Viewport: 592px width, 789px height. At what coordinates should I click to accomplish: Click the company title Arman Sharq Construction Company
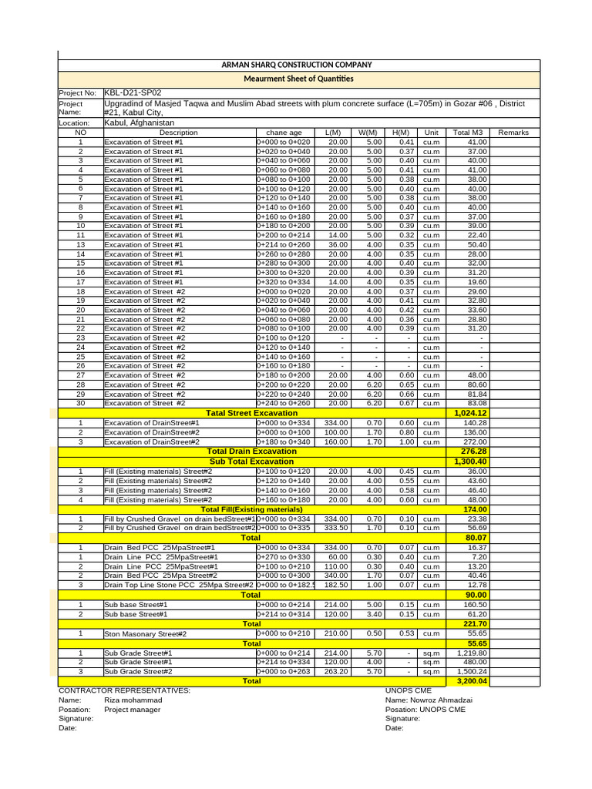297,65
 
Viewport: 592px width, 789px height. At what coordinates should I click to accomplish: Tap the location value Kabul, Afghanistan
139,123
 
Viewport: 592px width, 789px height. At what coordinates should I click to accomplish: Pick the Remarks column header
513,133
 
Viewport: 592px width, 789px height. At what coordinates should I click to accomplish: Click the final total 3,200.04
472,681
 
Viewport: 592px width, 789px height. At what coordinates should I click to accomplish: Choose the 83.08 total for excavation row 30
477,403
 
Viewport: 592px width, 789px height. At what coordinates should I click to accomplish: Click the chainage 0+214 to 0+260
283,244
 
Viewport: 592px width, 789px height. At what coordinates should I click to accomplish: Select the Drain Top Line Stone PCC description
179,585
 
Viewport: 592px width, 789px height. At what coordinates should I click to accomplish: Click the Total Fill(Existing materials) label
251,509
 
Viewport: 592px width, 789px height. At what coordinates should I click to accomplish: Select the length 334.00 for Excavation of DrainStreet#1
336,423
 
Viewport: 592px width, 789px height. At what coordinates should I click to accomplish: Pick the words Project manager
132,710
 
